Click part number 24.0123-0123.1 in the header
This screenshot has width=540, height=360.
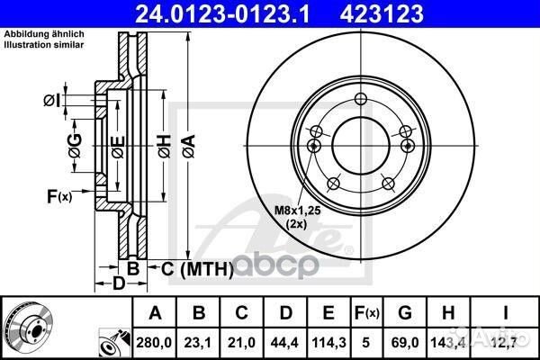[x=222, y=13]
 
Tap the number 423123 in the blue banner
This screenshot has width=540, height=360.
[x=382, y=13]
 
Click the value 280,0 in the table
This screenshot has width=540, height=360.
[x=154, y=343]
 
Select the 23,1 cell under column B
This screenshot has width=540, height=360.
[x=198, y=343]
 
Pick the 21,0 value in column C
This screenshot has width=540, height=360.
[x=241, y=343]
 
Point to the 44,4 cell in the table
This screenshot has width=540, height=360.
[x=284, y=343]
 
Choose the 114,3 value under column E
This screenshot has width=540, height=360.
[x=328, y=343]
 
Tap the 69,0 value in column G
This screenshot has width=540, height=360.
[x=405, y=343]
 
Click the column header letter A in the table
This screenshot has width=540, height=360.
[x=155, y=313]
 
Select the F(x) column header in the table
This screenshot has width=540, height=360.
[x=367, y=313]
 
